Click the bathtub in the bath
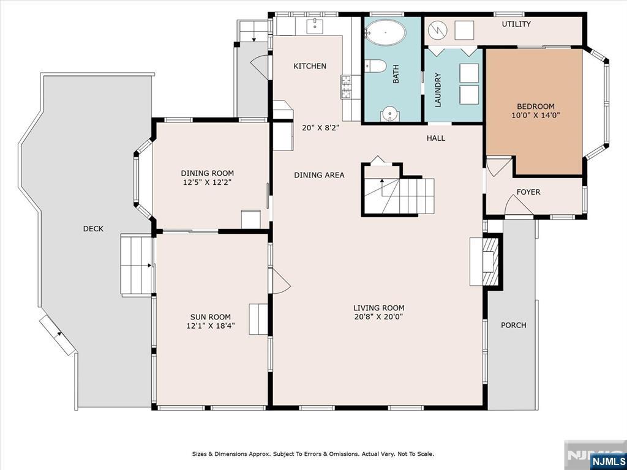click(386, 32)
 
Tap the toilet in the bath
click(375, 66)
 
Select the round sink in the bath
click(389, 114)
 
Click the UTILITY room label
click(516, 24)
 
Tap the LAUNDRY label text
click(437, 90)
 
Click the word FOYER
click(528, 192)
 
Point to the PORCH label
click(514, 326)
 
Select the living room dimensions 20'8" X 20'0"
click(378, 317)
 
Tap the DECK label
click(93, 229)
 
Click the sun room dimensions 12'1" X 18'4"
click(211, 326)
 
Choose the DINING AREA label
click(319, 175)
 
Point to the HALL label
click(436, 138)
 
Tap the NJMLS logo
click(607, 461)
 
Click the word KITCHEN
click(310, 66)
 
